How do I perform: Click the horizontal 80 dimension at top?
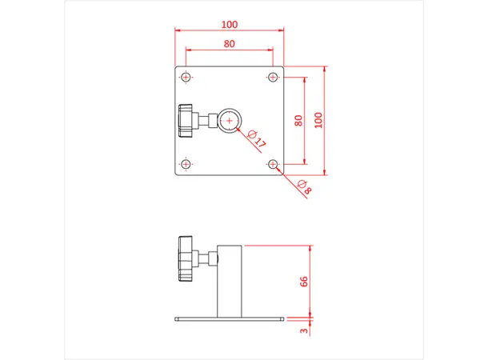[230, 44]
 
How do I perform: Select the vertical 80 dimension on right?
[298, 121]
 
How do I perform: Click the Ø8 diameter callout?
[303, 188]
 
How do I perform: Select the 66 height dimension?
[304, 282]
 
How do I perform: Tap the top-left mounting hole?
[186, 77]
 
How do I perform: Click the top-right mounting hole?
[273, 77]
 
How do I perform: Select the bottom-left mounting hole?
[186, 164]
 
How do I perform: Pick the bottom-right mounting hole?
[273, 164]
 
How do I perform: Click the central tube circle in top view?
[230, 120]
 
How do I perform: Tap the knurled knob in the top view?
[186, 120]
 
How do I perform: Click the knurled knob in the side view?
[186, 259]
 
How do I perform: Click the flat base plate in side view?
[230, 319]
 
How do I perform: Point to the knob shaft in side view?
[210, 258]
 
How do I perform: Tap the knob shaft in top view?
[208, 120]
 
